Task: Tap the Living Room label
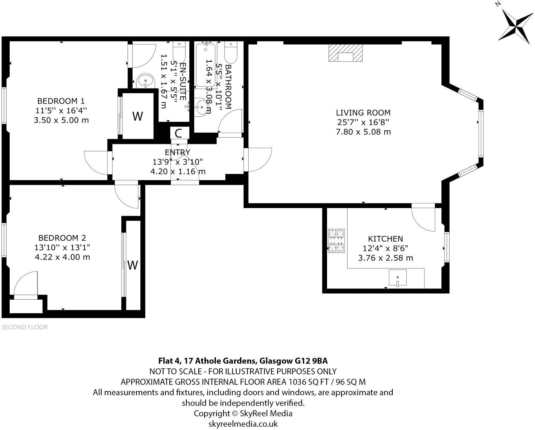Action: point(363,113)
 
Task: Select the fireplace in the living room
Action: point(346,53)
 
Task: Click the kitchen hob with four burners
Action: point(336,241)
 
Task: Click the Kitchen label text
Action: point(385,239)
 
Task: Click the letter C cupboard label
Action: point(179,133)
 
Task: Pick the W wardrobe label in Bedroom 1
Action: point(138,116)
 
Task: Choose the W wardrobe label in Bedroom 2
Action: point(133,265)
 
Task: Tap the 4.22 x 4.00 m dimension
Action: point(62,257)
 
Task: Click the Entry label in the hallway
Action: point(177,152)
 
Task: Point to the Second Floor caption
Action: point(25,327)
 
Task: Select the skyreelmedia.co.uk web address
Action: point(243,424)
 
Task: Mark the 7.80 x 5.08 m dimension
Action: point(363,132)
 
